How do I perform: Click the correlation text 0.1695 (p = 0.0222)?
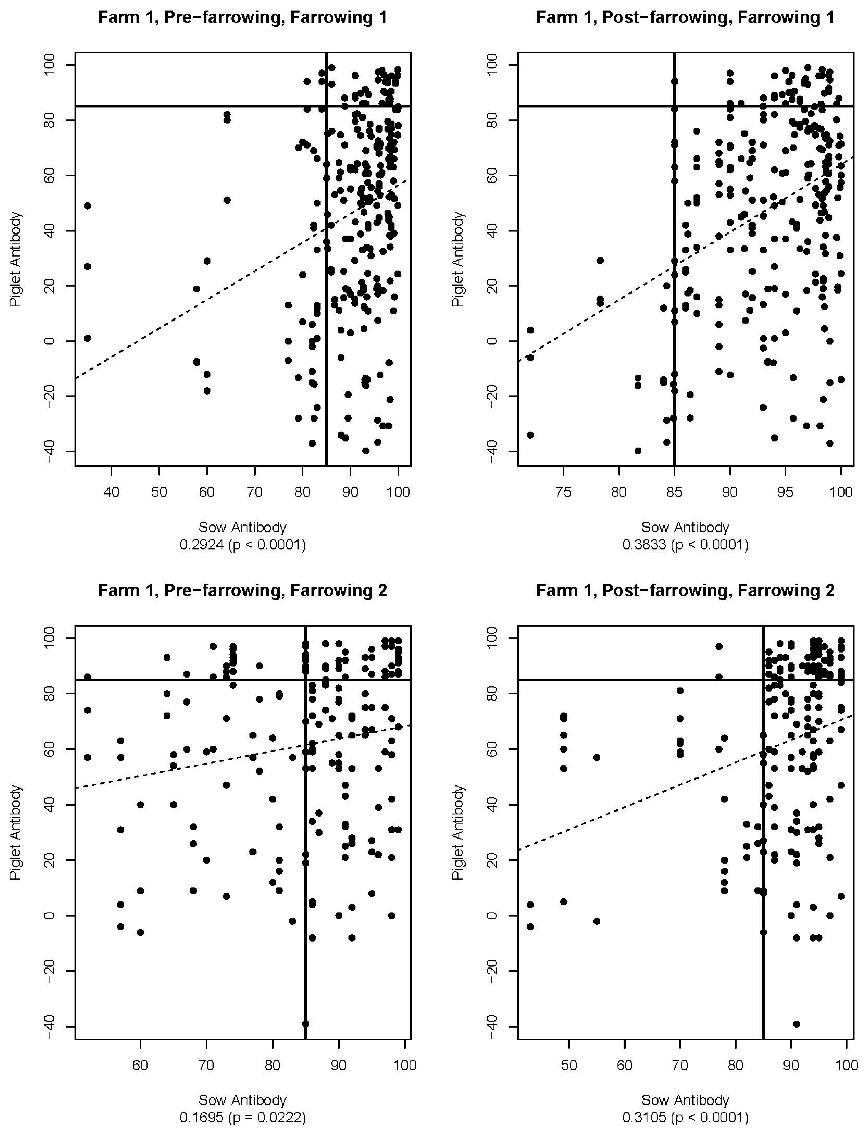[x=242, y=1118]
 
